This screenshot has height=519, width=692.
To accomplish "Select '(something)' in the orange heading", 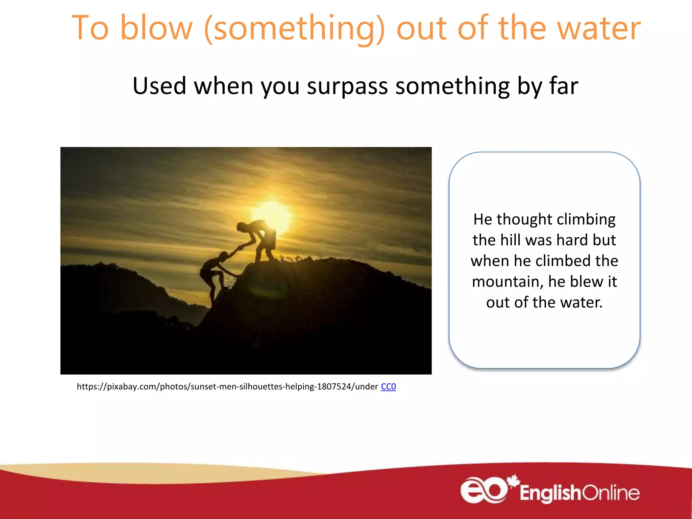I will [294, 29].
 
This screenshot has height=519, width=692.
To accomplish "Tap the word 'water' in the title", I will [598, 29].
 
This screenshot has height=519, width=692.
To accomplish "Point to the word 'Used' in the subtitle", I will [159, 86].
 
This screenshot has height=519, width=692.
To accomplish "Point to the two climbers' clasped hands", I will [240, 247].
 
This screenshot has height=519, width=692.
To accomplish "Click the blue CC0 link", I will [388, 387].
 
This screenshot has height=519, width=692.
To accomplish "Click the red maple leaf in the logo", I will [513, 481].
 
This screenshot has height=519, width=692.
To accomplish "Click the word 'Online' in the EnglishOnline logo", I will [611, 493].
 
